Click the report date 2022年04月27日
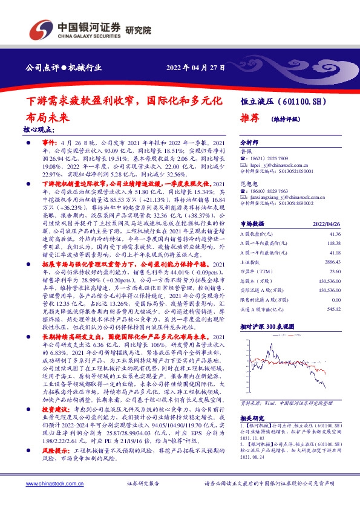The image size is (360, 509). pyautogui.click(x=195, y=68)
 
